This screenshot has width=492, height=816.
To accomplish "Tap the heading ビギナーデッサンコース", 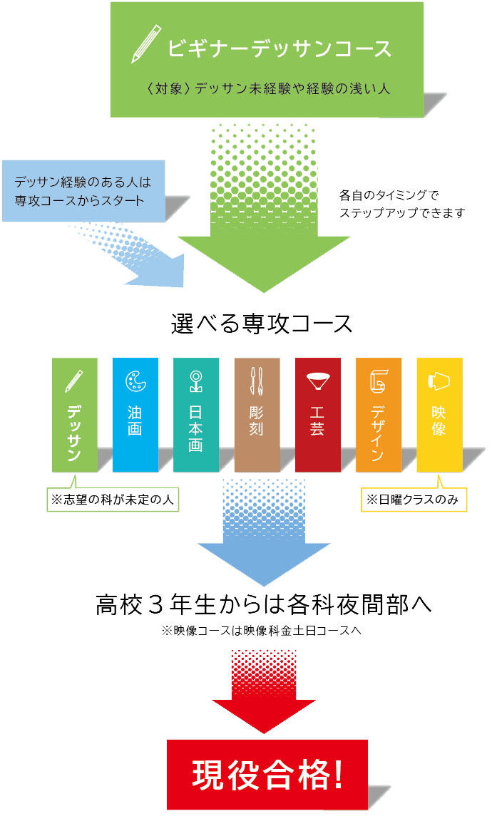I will point(280,48).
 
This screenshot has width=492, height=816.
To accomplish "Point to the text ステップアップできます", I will point(403,213).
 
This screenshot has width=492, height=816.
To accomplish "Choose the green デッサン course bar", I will point(74,415).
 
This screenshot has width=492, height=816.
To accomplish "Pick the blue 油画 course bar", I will point(135,415).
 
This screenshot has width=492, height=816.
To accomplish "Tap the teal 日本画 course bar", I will point(196,415).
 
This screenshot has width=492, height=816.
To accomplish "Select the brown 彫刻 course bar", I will point(257,415).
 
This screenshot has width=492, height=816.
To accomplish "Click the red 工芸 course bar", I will point(317,415).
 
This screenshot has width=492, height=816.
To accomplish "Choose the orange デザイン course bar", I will point(378,415).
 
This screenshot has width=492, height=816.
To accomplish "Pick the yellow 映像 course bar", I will point(439,415).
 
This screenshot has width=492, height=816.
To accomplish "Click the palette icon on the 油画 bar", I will point(135,381).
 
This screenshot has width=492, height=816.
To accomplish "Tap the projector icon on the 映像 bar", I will point(439,381).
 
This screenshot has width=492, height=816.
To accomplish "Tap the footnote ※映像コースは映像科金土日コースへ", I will point(263,631).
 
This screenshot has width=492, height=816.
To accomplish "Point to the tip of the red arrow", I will point(264,733).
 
